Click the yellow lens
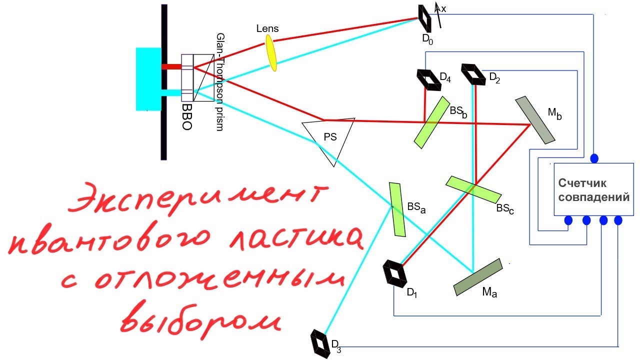point(271,53)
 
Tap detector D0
point(425,18)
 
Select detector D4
point(429,80)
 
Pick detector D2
point(473,74)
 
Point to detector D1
point(395,273)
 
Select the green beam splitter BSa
point(397,209)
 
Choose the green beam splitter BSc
point(473,189)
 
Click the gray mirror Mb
point(535,120)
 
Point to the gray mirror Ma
point(478,277)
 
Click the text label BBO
point(187,116)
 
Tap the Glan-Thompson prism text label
point(220,82)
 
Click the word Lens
point(267,28)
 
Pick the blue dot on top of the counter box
point(594,158)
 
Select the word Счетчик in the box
point(582,183)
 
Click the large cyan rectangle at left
point(148,79)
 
